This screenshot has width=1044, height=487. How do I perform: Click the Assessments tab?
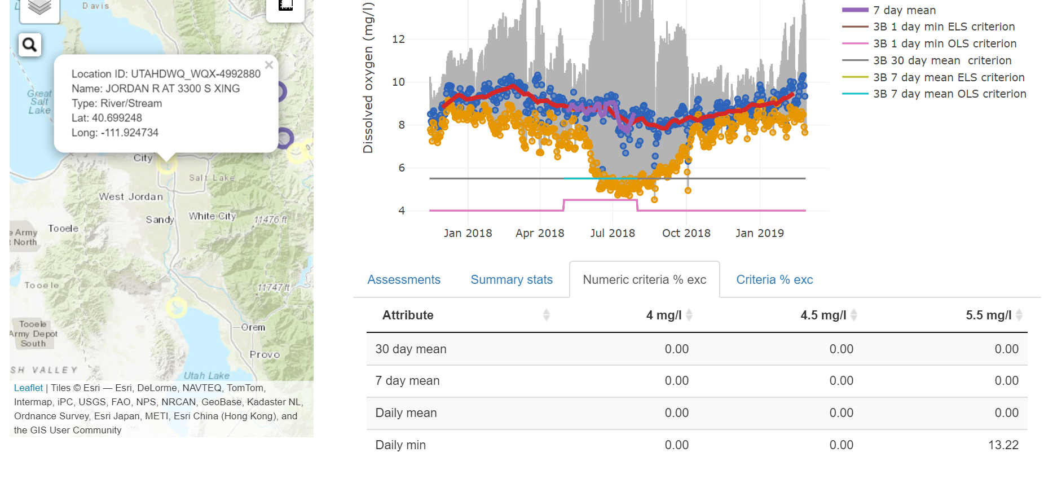404,280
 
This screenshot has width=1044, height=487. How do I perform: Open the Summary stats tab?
512,280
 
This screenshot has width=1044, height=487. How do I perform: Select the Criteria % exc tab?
774,280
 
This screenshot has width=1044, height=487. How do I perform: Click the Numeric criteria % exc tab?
644,280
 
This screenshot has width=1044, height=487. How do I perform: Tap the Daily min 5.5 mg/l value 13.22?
1003,445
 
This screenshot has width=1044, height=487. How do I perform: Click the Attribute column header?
408,315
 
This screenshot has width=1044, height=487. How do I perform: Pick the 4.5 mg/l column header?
823,315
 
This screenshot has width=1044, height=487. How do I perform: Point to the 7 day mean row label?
407,381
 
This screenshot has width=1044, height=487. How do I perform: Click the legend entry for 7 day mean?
904,10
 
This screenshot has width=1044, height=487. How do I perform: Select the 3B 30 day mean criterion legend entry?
942,60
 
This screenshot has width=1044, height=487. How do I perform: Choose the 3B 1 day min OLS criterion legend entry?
944,43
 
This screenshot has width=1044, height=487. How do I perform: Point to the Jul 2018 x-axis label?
613,233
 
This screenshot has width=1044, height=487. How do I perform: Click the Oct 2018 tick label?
686,233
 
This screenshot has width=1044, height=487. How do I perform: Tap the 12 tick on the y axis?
398,39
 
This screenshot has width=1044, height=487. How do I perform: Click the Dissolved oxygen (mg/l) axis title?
368,78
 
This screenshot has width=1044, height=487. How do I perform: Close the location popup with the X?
269,65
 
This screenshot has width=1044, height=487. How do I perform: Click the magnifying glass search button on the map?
30,45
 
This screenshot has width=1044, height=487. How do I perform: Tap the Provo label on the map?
265,355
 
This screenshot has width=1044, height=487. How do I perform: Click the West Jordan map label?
131,197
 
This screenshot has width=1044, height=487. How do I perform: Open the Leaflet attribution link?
28,388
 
